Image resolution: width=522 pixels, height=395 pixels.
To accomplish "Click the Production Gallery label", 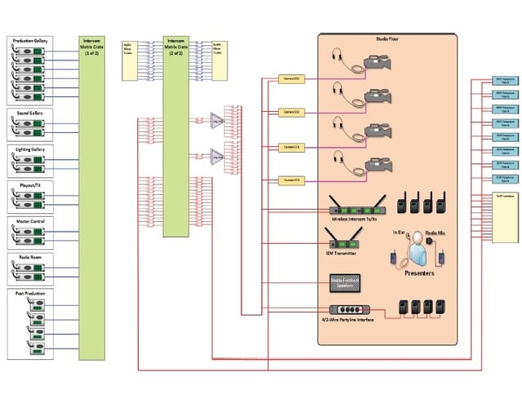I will [x=29, y=40].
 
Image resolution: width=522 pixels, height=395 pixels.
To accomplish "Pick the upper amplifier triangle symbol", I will [x=217, y=119].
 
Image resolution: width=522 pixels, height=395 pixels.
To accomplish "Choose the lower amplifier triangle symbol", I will [x=217, y=155].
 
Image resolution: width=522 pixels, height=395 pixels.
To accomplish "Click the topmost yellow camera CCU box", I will [x=291, y=79].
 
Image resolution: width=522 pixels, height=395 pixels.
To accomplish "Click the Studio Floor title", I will [x=387, y=38].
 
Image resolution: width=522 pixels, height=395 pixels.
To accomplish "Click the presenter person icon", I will [x=417, y=247].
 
